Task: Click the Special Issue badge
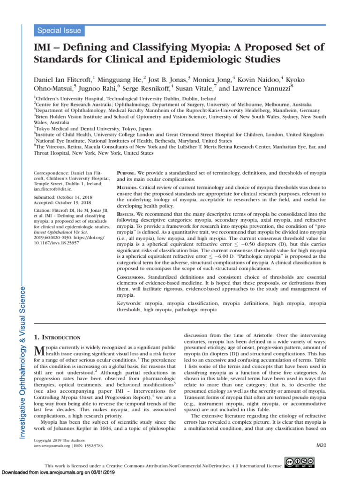[60, 31]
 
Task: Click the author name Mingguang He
[120, 79]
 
